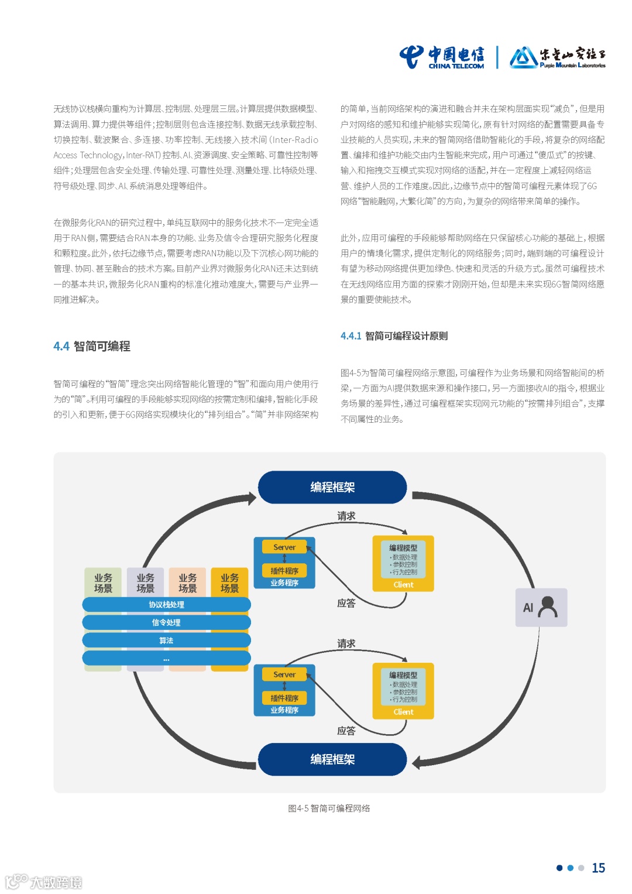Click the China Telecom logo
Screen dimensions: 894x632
(x=442, y=57)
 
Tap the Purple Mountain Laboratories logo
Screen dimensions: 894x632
(x=557, y=57)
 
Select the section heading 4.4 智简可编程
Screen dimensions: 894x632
(x=92, y=346)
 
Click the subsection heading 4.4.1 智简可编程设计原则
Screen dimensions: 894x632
(x=394, y=336)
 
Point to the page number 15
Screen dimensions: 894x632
(x=598, y=868)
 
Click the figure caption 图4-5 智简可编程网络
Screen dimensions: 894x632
(x=329, y=808)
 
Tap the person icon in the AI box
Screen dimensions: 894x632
(x=548, y=607)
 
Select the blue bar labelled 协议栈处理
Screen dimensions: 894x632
(x=166, y=605)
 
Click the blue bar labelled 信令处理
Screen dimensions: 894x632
(x=166, y=622)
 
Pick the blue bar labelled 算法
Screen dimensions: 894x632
(x=166, y=640)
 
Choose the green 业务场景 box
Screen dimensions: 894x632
(x=103, y=583)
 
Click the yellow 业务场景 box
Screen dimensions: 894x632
(x=230, y=583)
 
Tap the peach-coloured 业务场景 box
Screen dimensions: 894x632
(x=187, y=583)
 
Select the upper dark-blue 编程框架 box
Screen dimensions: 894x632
(x=332, y=487)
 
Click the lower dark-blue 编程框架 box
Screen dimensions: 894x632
(x=332, y=759)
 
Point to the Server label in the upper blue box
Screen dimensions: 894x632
(x=284, y=547)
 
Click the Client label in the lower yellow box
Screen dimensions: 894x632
(x=403, y=712)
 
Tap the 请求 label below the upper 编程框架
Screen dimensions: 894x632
(x=346, y=516)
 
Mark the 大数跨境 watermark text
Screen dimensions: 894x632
(x=56, y=882)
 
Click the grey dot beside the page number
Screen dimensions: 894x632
(x=581, y=868)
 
